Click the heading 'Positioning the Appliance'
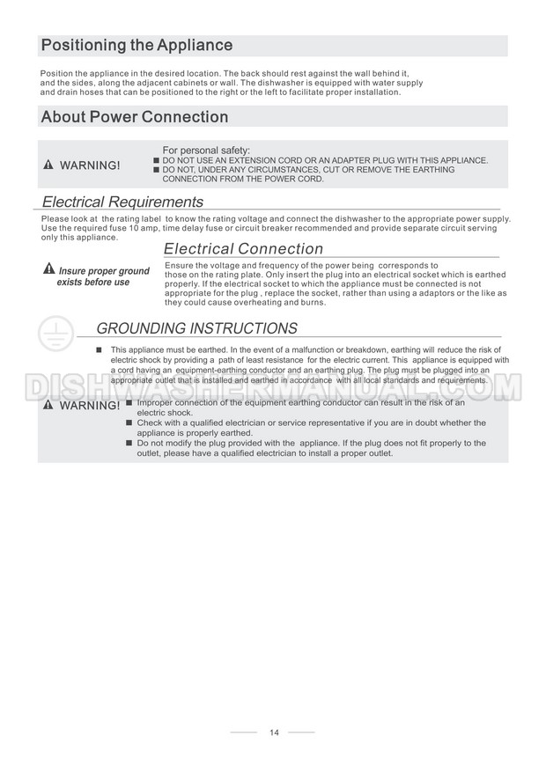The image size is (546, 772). pos(136,46)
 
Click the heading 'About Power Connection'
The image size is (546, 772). pos(134,117)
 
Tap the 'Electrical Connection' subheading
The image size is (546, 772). pos(243,249)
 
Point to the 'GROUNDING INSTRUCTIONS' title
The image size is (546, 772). pos(196,329)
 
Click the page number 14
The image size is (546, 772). pos(274,732)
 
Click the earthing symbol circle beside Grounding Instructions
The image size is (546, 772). pos(55,335)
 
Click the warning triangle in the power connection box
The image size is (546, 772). pos(49,165)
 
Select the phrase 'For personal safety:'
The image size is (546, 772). pos(206,150)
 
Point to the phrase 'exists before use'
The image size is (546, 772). pos(93,283)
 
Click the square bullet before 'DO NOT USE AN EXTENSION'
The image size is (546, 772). pos(156,160)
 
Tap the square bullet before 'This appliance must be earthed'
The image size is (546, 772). pos(100,350)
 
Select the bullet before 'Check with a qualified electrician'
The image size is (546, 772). pos(129,423)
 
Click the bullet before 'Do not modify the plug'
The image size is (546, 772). pos(129,443)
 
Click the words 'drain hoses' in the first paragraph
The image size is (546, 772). pos(78,92)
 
